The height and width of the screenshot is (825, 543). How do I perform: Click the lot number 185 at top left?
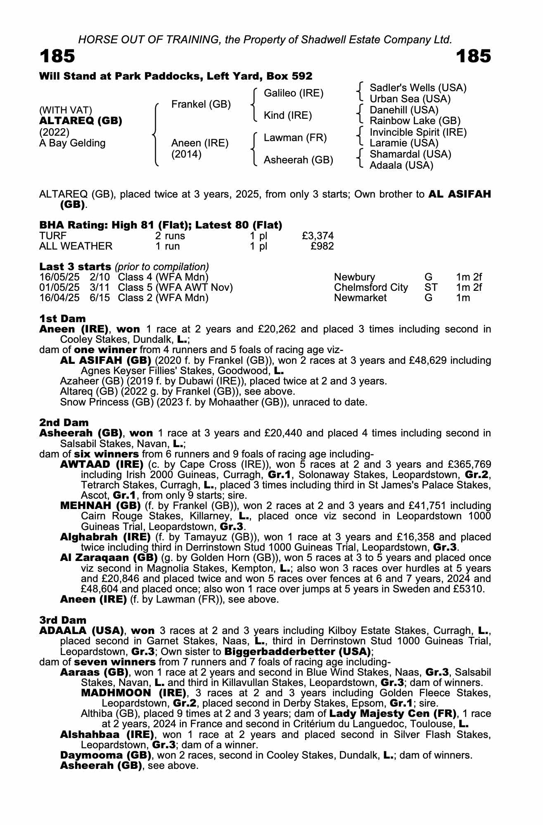pos(57,56)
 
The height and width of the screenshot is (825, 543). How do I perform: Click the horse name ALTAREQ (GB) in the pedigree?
pos(81,121)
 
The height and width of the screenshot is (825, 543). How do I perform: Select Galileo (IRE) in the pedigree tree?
pos(294,93)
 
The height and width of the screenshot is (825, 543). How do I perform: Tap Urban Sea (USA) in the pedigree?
pos(410,99)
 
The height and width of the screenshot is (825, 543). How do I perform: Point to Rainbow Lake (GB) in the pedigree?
pos(415,121)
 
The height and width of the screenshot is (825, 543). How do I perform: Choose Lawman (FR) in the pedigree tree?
pos(295,138)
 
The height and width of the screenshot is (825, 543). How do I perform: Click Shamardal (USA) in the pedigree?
pos(410,154)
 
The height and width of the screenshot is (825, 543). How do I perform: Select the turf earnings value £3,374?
pos(318,236)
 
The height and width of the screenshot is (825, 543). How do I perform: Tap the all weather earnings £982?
pos(322,246)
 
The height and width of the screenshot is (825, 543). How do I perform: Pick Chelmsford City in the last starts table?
pos(371,288)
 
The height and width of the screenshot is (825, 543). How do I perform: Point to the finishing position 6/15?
pos(100,298)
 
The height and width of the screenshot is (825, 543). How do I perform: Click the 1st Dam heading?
pos(63,318)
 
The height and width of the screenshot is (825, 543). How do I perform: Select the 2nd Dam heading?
pos(64,422)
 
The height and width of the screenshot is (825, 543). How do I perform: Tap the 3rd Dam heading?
pos(63,620)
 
